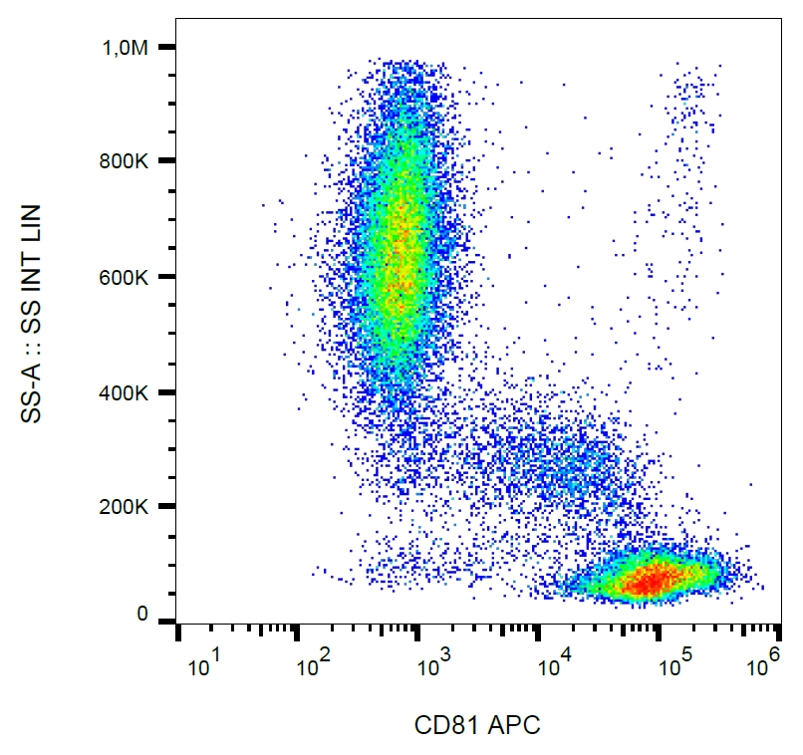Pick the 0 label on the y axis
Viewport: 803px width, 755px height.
point(143,614)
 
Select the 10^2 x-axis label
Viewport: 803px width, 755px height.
point(317,667)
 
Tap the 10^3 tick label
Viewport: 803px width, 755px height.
point(433,667)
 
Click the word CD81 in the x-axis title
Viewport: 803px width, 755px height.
point(447,726)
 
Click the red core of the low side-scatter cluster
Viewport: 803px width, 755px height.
point(653,581)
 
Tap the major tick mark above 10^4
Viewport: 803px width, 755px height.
point(539,631)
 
